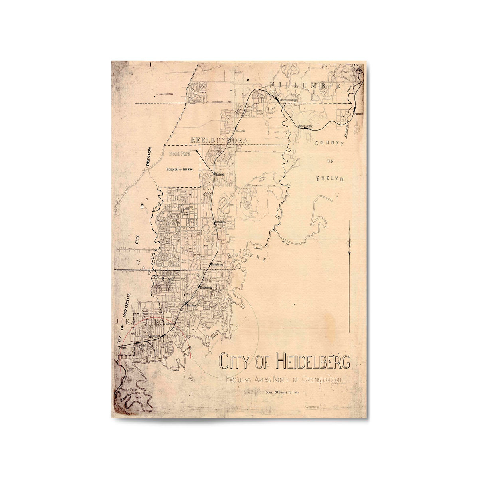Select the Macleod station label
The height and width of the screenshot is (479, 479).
click(x=220, y=175)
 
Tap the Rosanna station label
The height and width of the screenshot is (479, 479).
click(x=220, y=221)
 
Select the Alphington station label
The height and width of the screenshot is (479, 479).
click(x=154, y=336)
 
